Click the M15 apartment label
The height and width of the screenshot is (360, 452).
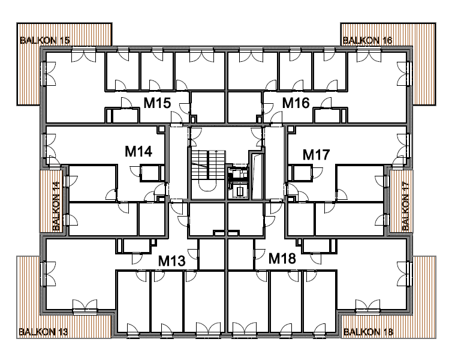click(157, 103)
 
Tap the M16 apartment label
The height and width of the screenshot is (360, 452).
click(296, 103)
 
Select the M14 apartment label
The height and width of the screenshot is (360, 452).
click(138, 151)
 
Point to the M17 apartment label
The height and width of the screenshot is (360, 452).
click(317, 155)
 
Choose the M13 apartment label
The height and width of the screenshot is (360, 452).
click(172, 261)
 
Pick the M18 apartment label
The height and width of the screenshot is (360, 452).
click(282, 258)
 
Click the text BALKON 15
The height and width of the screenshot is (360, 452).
click(45, 40)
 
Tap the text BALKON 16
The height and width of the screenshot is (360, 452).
click(367, 40)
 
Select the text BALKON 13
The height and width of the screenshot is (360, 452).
click(43, 332)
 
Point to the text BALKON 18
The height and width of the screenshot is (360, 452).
click(368, 332)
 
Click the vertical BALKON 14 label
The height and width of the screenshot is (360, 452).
click(56, 206)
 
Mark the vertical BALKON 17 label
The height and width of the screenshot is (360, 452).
click(405, 206)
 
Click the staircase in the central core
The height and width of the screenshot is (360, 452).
click(208, 164)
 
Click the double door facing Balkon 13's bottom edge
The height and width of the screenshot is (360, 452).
click(85, 307)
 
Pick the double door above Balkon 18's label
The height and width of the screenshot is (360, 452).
click(367, 307)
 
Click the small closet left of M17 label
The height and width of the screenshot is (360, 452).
click(300, 173)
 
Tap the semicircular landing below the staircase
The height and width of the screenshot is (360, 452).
click(206, 187)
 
